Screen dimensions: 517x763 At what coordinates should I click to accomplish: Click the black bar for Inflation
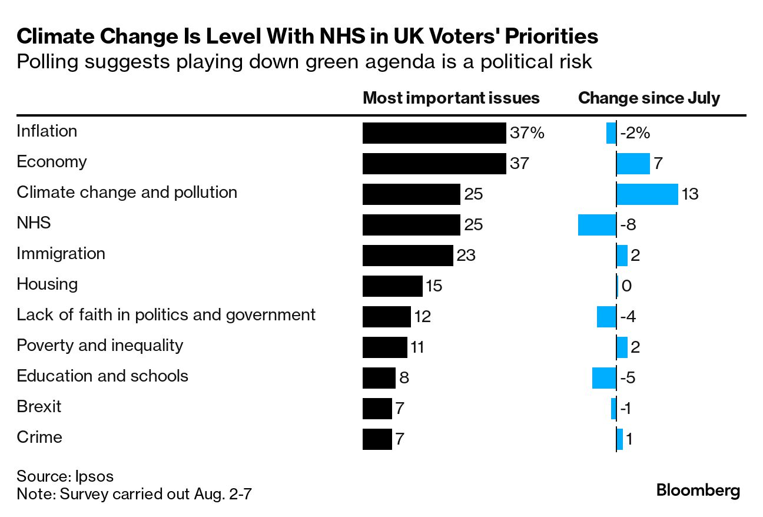434,133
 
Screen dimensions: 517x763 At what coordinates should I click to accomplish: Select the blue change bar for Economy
633,164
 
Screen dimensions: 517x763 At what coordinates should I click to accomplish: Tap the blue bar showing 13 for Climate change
647,194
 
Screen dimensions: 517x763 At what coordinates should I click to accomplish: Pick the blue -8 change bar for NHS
597,225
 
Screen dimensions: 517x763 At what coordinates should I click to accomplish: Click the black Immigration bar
407,256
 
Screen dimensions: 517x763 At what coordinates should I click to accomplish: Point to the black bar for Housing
392,286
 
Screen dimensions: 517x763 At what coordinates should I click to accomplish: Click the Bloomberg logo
698,491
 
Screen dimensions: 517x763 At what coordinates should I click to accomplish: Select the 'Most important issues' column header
451,98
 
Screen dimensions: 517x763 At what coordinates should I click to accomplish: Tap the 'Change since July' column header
649,98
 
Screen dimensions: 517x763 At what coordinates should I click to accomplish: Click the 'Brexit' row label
39,406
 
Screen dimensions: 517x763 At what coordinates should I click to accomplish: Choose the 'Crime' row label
39,437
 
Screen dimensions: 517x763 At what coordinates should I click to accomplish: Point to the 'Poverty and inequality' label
99,345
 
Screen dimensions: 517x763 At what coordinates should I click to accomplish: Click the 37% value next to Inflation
527,134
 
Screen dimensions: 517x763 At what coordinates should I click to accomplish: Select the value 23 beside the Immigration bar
466,256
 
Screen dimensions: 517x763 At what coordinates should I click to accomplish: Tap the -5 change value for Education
628,378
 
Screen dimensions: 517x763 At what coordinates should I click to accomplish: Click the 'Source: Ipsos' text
65,476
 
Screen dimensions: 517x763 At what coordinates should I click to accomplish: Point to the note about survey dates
134,493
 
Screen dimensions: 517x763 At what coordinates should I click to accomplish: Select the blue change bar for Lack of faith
606,317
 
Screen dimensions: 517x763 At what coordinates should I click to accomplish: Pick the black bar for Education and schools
379,378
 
